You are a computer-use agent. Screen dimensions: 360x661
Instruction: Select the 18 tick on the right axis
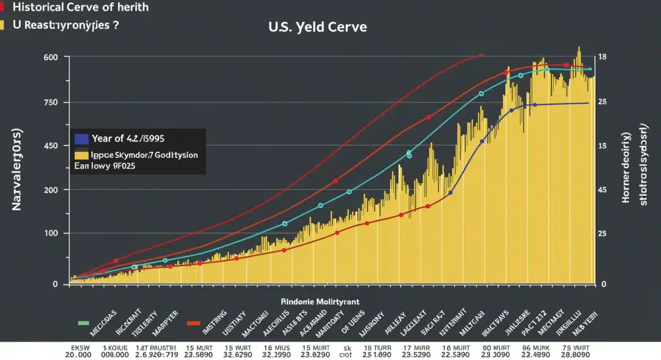pyautogui.click(x=602, y=57)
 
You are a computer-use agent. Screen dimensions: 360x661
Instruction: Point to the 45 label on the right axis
pyautogui.click(x=602, y=190)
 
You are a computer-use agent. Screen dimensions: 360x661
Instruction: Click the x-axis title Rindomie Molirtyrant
pyautogui.click(x=312, y=302)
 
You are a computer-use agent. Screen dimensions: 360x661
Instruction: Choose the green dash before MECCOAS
pyautogui.click(x=83, y=323)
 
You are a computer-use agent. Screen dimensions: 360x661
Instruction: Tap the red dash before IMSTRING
pyautogui.click(x=193, y=323)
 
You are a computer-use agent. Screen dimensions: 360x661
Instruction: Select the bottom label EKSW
pyautogui.click(x=79, y=348)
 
